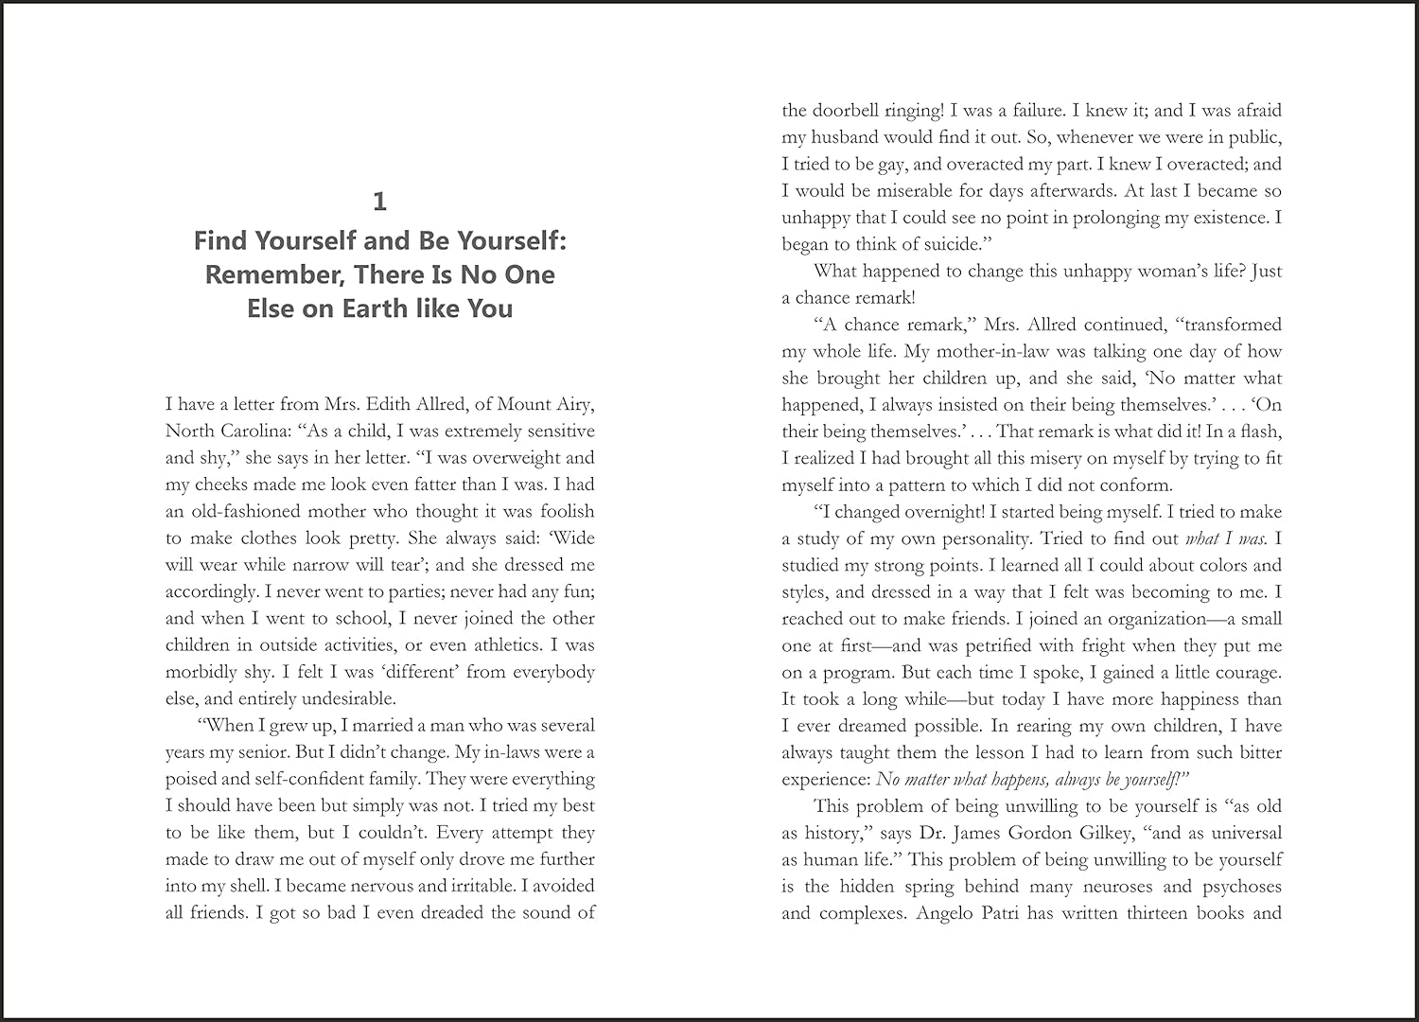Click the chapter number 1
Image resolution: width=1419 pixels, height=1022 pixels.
[379, 202]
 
